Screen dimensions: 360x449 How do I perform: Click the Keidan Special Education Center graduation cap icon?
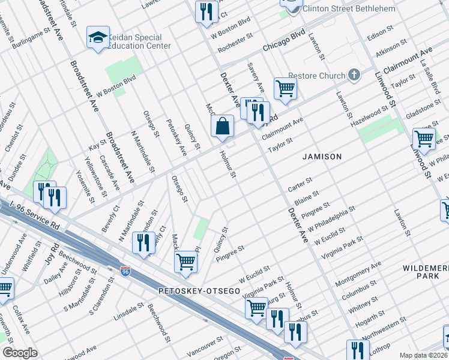[98, 38]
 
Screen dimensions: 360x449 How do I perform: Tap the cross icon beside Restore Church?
[354, 75]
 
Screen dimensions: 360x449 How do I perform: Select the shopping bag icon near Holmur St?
[222, 127]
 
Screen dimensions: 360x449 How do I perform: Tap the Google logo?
[20, 353]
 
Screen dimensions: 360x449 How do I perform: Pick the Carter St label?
[300, 182]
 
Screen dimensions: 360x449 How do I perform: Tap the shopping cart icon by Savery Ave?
[286, 89]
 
